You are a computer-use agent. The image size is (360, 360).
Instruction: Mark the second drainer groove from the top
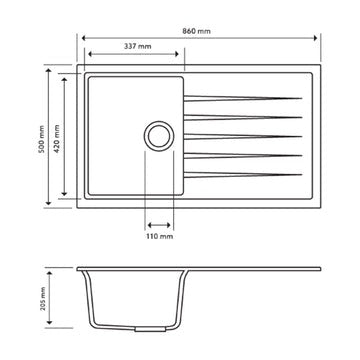point(240,116)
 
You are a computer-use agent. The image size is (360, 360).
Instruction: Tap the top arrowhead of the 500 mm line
point(50,71)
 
